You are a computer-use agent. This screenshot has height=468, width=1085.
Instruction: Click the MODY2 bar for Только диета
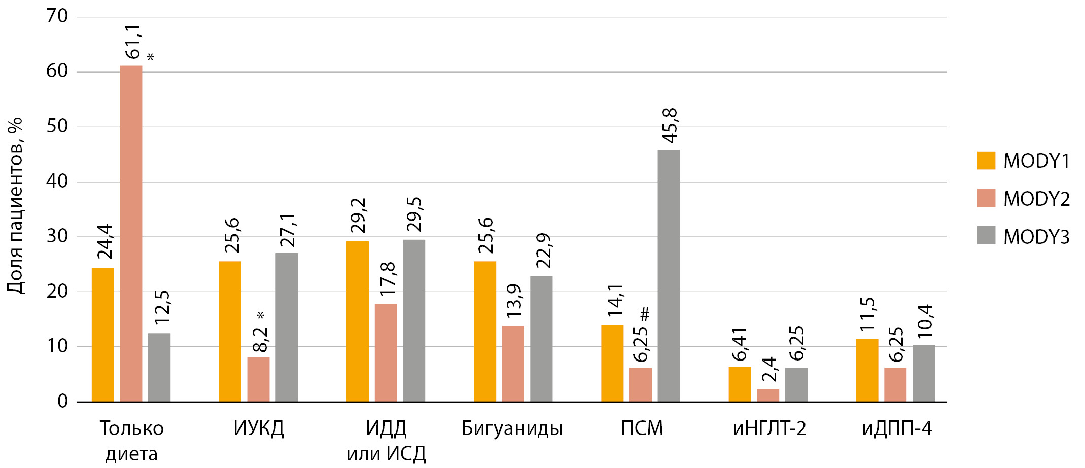(x=131, y=233)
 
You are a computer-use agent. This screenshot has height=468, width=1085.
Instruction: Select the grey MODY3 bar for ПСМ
(x=669, y=276)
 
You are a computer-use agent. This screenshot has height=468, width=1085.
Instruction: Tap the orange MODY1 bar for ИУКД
(x=230, y=332)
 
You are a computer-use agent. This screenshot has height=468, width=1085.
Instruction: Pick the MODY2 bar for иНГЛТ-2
(x=767, y=395)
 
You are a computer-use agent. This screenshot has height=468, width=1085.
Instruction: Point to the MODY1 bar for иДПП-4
(x=867, y=370)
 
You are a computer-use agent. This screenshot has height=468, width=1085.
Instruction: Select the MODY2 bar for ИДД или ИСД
(x=386, y=353)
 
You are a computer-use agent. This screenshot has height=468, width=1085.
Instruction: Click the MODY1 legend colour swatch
(x=986, y=160)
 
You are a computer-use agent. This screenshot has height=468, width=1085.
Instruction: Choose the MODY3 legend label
(x=1036, y=237)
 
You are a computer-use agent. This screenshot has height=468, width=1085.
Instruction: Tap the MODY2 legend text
(x=1036, y=199)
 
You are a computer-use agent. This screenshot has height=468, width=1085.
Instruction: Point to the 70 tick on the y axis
(x=57, y=16)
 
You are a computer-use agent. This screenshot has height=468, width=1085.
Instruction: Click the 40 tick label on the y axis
(x=57, y=181)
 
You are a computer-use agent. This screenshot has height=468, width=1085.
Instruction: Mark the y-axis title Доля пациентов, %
(x=15, y=205)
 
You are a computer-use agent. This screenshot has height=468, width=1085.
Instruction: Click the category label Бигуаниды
(x=512, y=428)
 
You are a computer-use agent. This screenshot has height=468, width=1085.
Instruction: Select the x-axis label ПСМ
(x=642, y=428)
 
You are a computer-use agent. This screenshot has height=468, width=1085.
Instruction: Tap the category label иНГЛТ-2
(x=769, y=428)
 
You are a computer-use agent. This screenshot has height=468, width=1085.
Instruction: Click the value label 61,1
(x=133, y=42)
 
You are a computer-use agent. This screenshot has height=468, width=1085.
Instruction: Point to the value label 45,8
(x=670, y=126)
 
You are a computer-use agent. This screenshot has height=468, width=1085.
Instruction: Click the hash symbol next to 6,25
(x=645, y=314)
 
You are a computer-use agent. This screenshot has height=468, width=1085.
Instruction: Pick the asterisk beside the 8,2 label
(x=261, y=315)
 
